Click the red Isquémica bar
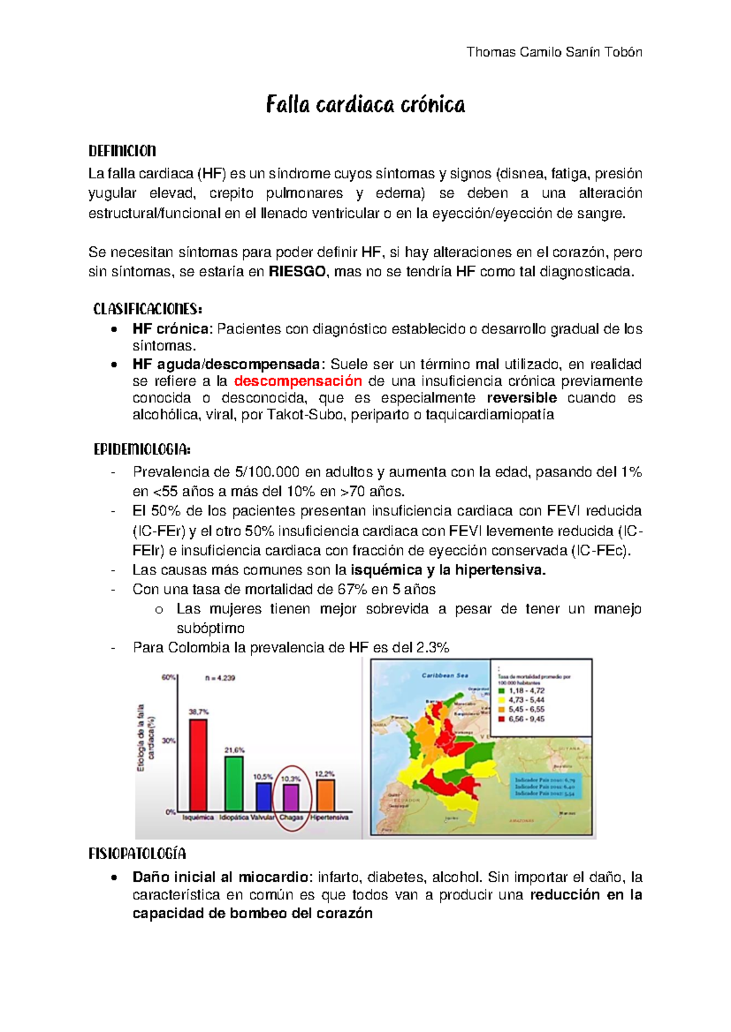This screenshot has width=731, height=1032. [198, 764]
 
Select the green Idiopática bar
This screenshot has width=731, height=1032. [234, 783]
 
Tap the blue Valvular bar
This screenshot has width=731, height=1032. [263, 797]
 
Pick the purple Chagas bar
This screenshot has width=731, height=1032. [291, 798]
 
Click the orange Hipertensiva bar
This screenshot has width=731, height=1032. [326, 795]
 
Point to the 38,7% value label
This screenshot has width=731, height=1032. [199, 711]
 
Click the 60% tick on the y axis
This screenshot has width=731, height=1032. [168, 677]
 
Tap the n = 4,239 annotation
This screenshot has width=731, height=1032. [220, 678]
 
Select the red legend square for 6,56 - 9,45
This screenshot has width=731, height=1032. [502, 719]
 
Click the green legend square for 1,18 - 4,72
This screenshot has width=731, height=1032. [502, 691]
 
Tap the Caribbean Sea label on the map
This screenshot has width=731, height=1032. [445, 675]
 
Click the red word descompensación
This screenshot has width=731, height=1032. [298, 381]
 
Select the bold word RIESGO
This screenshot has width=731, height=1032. [297, 272]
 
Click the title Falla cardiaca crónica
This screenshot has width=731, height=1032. [365, 105]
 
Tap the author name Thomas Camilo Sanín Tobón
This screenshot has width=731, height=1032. [554, 52]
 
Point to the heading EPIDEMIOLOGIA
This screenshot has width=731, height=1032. [142, 450]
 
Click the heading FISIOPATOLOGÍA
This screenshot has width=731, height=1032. [137, 854]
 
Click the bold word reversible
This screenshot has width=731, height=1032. [521, 398]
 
